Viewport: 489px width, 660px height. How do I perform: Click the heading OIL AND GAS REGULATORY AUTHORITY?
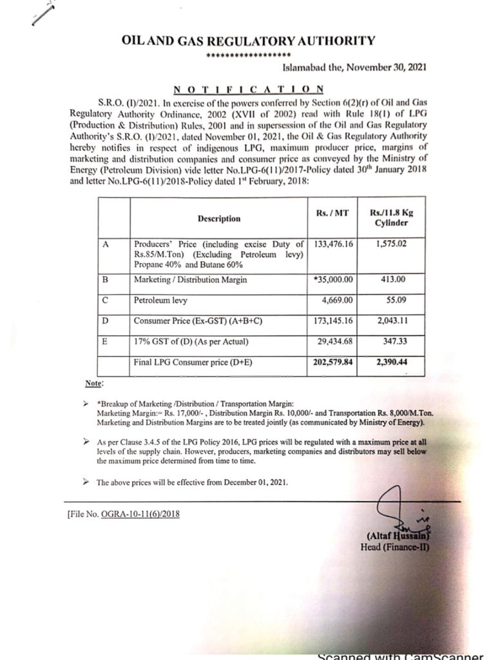[x=248, y=41]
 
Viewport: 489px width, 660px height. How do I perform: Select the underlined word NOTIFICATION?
[x=248, y=89]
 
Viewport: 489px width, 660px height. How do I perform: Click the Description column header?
[x=219, y=218]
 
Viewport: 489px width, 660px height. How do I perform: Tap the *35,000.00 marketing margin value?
[x=333, y=281]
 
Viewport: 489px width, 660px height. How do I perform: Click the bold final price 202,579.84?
[x=333, y=363]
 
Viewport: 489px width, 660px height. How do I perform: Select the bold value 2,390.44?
[x=388, y=363]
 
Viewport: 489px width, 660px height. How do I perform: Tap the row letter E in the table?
[x=105, y=341]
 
